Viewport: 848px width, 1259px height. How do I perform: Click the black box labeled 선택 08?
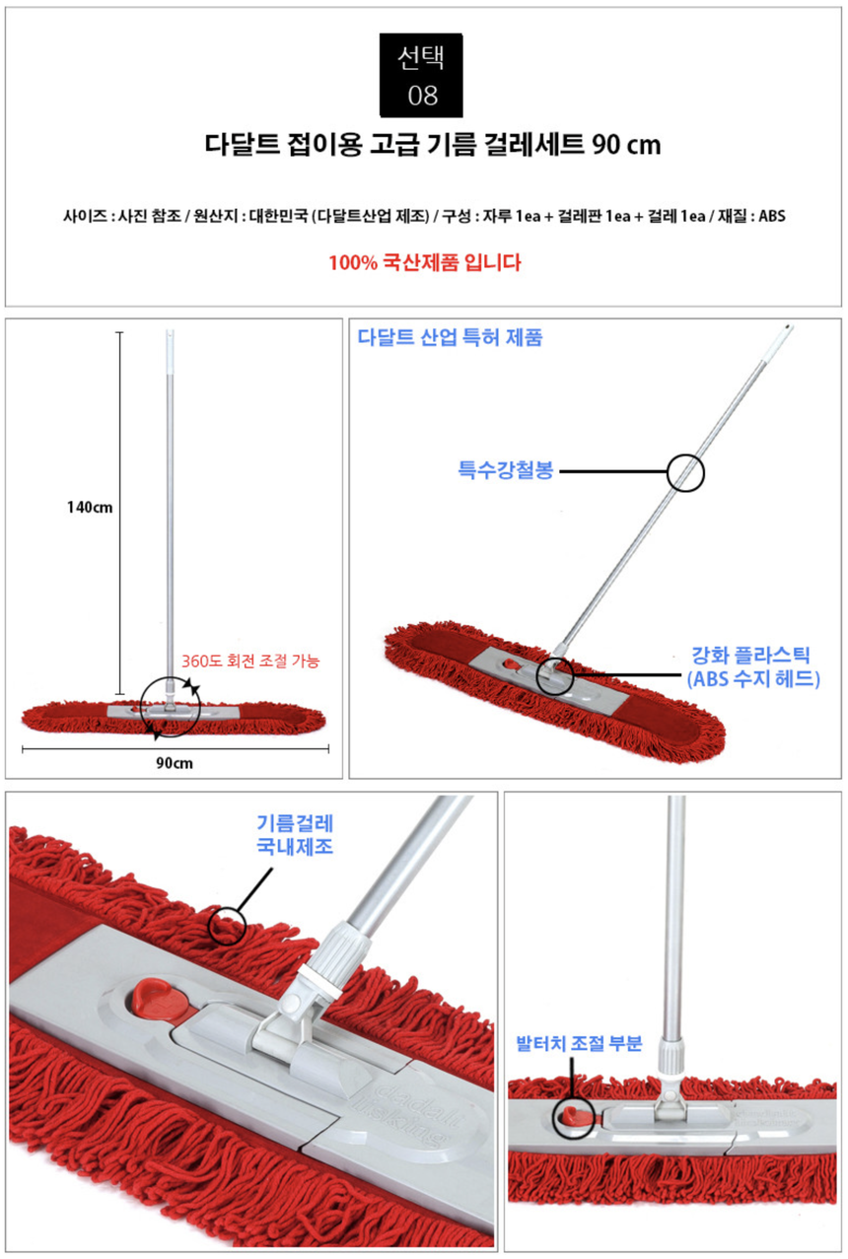pyautogui.click(x=421, y=75)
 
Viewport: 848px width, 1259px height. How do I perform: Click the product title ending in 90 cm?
pyautogui.click(x=432, y=145)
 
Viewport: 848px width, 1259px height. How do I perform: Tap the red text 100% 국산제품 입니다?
pyautogui.click(x=425, y=262)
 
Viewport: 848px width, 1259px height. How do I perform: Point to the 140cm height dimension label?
pyautogui.click(x=90, y=508)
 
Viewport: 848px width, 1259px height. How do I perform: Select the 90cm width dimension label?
pyautogui.click(x=175, y=763)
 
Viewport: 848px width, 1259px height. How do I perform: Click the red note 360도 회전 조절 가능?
pyautogui.click(x=250, y=661)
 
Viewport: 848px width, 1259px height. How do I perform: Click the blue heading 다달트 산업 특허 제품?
pyautogui.click(x=451, y=337)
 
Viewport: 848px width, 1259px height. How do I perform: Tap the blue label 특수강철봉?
pyautogui.click(x=506, y=470)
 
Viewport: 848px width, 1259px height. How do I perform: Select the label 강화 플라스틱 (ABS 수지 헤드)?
pyautogui.click(x=753, y=667)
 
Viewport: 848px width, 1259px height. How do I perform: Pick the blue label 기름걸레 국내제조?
pyautogui.click(x=295, y=835)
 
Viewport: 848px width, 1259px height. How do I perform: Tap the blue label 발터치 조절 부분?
pyautogui.click(x=579, y=1044)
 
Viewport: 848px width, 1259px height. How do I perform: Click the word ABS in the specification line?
pyautogui.click(x=771, y=216)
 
